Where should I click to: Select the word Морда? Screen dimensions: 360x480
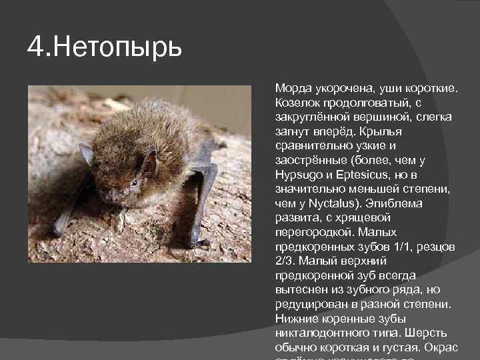pyautogui.click(x=291, y=88)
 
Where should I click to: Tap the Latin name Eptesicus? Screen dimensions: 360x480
pyautogui.click(x=364, y=175)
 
